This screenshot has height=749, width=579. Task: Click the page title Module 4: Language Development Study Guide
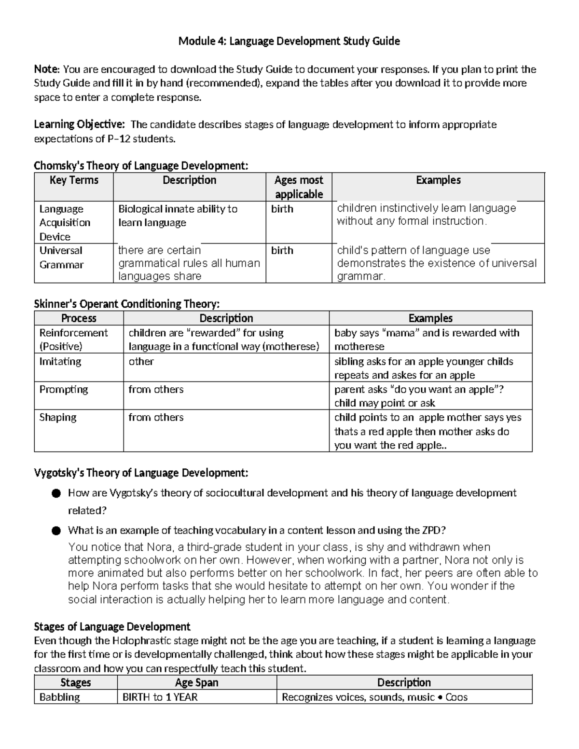(x=289, y=41)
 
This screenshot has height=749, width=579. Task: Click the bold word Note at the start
(x=46, y=69)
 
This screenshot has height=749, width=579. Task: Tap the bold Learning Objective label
(x=79, y=124)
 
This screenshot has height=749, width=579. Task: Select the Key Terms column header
(x=74, y=180)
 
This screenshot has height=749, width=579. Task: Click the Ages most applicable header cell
(x=299, y=187)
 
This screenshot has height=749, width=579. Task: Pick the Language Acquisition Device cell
(x=65, y=222)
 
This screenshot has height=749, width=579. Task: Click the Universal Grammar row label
(x=61, y=258)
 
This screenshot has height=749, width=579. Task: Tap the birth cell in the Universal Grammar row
(x=282, y=250)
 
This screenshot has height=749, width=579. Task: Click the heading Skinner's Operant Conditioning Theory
(x=126, y=304)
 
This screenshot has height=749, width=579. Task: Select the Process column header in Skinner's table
(x=79, y=318)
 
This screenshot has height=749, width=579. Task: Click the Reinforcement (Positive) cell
(x=73, y=339)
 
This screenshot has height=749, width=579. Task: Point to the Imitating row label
(x=60, y=361)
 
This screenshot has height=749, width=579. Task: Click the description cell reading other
(x=141, y=361)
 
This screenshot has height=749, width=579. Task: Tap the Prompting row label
(x=63, y=389)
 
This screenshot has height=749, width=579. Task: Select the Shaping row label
(x=57, y=417)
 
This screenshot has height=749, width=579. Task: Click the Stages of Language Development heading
(x=112, y=626)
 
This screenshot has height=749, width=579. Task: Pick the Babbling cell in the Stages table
(x=59, y=697)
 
